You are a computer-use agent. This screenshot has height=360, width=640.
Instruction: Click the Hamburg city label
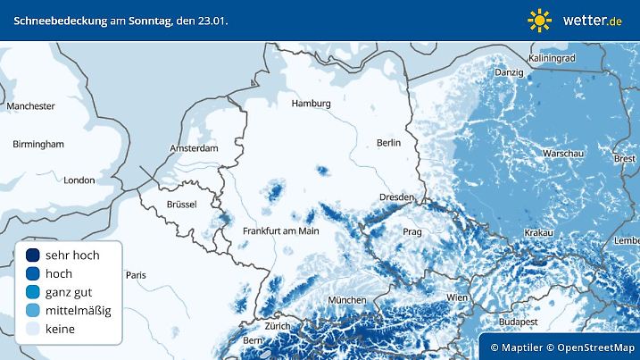pos(311,104)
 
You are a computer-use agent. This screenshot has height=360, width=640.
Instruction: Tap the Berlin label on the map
pos(389,143)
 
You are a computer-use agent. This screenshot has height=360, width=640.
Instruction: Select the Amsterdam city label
pos(195,148)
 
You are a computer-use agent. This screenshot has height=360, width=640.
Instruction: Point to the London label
pos(79,180)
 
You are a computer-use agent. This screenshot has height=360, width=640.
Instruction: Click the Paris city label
pos(136,275)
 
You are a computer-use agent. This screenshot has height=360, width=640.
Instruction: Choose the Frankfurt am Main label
pos(281,231)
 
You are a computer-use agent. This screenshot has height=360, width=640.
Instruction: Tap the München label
pos(346,300)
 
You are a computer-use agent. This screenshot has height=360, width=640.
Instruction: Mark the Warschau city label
pos(563,155)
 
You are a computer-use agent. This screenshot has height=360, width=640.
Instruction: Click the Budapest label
pos(517,321)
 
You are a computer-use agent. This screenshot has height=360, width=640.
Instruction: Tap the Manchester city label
pos(31,106)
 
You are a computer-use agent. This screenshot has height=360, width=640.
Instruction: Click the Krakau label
pos(539,232)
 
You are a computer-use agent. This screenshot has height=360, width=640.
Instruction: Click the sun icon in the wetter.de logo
pos(539,20)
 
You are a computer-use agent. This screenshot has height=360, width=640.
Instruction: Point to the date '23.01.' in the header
pos(212,20)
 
